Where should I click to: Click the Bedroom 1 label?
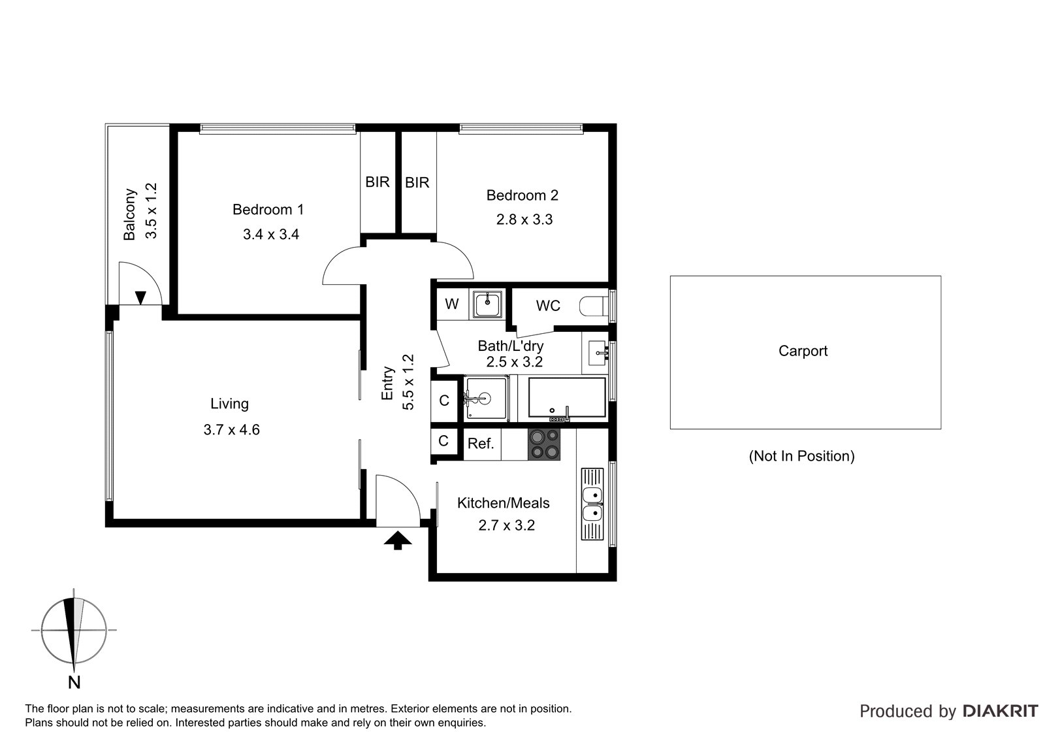tap(268, 209)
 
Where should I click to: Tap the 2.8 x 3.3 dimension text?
tap(524, 220)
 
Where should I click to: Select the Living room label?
tap(229, 404)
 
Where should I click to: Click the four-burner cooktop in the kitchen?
tap(544, 444)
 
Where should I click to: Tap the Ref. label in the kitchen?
tap(481, 444)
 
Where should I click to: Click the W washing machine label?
tap(451, 304)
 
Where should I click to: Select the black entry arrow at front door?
tap(398, 540)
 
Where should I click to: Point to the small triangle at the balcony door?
tap(140, 297)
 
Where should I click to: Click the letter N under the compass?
tap(74, 683)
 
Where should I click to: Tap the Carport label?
tap(803, 351)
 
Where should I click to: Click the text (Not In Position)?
tap(801, 456)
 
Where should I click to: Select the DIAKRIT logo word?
tap(1001, 711)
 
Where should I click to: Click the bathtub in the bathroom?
tap(567, 398)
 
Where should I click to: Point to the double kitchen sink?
tap(592, 504)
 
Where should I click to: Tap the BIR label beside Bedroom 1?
tap(377, 182)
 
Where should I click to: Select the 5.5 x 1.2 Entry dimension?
tap(408, 382)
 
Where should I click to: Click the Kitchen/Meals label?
tap(503, 503)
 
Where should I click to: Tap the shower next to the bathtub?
tap(486, 398)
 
